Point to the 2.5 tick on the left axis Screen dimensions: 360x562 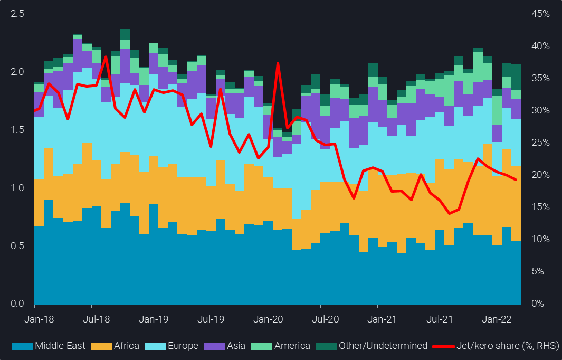(17, 14)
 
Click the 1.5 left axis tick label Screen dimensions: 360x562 (17, 130)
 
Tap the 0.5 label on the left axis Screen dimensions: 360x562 (17, 246)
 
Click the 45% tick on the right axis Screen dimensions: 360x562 (539, 14)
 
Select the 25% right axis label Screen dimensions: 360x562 (539, 143)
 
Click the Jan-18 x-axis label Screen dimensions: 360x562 (34, 319)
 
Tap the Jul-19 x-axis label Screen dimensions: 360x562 (206, 319)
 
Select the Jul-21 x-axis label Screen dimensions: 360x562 (435, 319)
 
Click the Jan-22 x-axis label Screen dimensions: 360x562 (492, 319)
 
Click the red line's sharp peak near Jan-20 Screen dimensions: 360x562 (278, 63)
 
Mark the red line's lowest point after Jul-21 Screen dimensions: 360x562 (449, 213)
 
